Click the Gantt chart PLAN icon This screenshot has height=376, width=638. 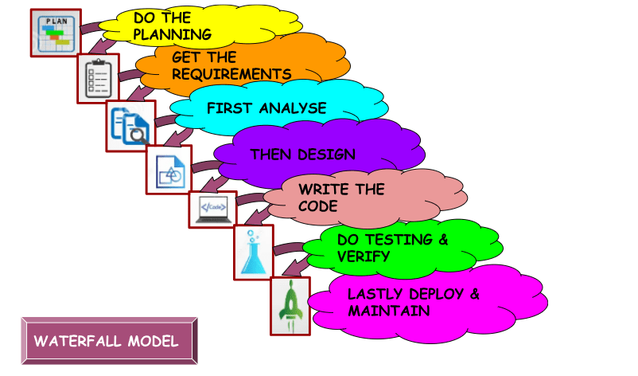(55, 33)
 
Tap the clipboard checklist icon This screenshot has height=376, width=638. (99, 78)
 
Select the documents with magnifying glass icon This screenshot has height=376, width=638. (130, 124)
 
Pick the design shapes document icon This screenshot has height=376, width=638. (169, 170)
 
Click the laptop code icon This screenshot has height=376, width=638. (212, 209)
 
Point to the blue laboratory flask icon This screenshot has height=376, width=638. (253, 252)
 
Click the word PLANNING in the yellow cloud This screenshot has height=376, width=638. (173, 34)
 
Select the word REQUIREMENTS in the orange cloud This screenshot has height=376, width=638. (231, 74)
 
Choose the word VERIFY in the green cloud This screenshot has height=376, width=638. (364, 257)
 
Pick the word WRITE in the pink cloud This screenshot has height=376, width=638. (321, 190)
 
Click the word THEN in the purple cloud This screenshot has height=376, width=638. (272, 155)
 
